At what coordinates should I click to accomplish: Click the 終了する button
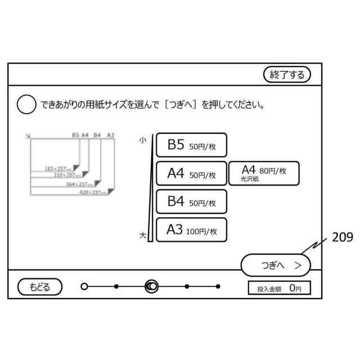point(287,74)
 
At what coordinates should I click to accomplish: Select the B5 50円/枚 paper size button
point(191,146)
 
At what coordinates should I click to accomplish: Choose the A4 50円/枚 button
point(191,174)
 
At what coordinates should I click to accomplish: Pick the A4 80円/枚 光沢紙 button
point(264,173)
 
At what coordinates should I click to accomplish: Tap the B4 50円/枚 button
point(191,201)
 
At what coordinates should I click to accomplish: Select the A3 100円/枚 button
point(191,229)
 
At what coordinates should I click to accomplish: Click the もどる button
point(40,287)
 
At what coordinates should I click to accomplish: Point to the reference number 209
point(342,237)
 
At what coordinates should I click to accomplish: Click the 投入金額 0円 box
point(279,288)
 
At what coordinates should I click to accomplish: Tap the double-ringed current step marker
point(151,287)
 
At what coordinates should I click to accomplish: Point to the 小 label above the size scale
point(143,138)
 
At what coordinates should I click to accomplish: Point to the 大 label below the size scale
point(143,236)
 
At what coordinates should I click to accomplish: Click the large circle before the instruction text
point(27,105)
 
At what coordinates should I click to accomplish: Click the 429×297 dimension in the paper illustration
point(92,192)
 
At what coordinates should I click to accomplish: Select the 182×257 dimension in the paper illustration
point(58,168)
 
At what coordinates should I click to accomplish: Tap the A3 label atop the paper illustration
point(110,135)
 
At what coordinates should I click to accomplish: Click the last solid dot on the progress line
point(218,287)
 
